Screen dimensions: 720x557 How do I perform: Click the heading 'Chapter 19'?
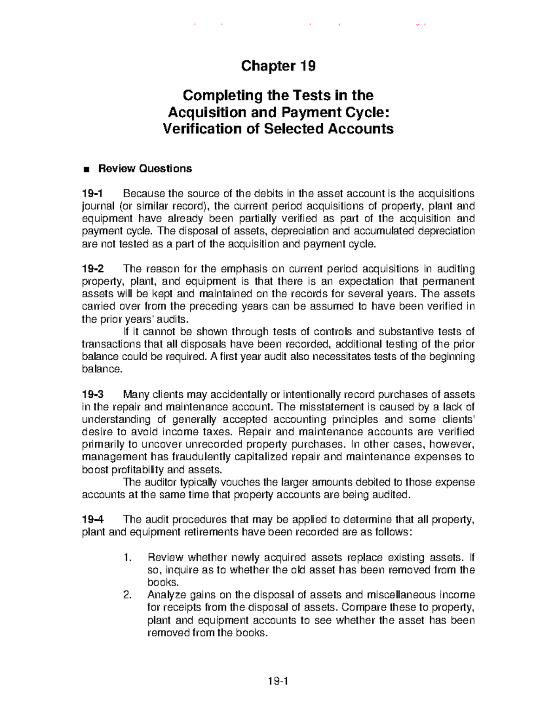278,66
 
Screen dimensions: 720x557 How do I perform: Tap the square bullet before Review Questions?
85,169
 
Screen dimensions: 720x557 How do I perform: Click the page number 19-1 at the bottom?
278,681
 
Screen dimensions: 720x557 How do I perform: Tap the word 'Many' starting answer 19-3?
136,395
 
